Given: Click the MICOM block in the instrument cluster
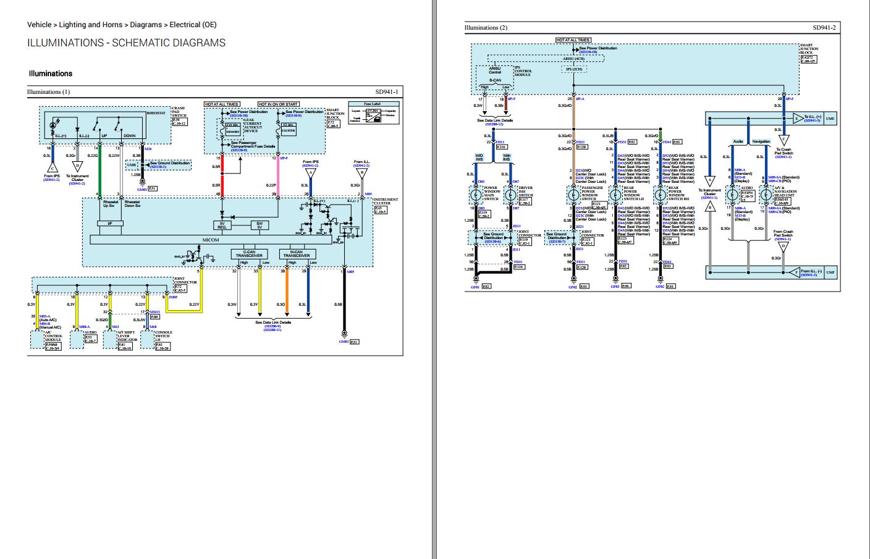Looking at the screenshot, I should [x=211, y=240].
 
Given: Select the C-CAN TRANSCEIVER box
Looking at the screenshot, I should [x=248, y=254].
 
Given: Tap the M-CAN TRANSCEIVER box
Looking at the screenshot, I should [x=296, y=254].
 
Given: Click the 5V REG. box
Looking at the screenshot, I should [x=222, y=225].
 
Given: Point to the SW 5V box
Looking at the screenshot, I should [x=260, y=225].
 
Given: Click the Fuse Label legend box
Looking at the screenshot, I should [x=373, y=114].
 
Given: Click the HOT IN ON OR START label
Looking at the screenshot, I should [x=278, y=104].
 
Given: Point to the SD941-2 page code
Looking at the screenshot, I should [x=824, y=28].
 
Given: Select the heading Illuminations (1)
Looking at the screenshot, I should [x=49, y=92].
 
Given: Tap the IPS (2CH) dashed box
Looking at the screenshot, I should [x=574, y=69].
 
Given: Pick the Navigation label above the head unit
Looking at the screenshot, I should [x=761, y=141].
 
